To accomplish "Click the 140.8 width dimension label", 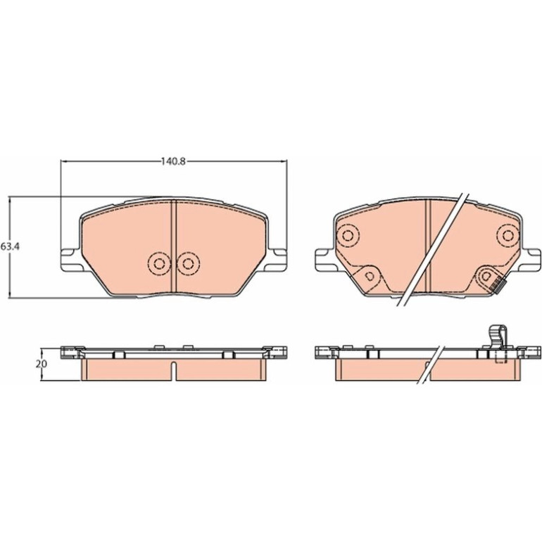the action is point(173,161).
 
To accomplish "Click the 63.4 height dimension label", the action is point(11,247).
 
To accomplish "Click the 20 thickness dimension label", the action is point(40,364).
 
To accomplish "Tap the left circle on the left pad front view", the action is point(159,264).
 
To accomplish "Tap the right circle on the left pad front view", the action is point(188,264).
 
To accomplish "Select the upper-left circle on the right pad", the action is point(348,236).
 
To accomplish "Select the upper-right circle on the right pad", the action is point(508,236).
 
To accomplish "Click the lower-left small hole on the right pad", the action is point(370,276).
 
